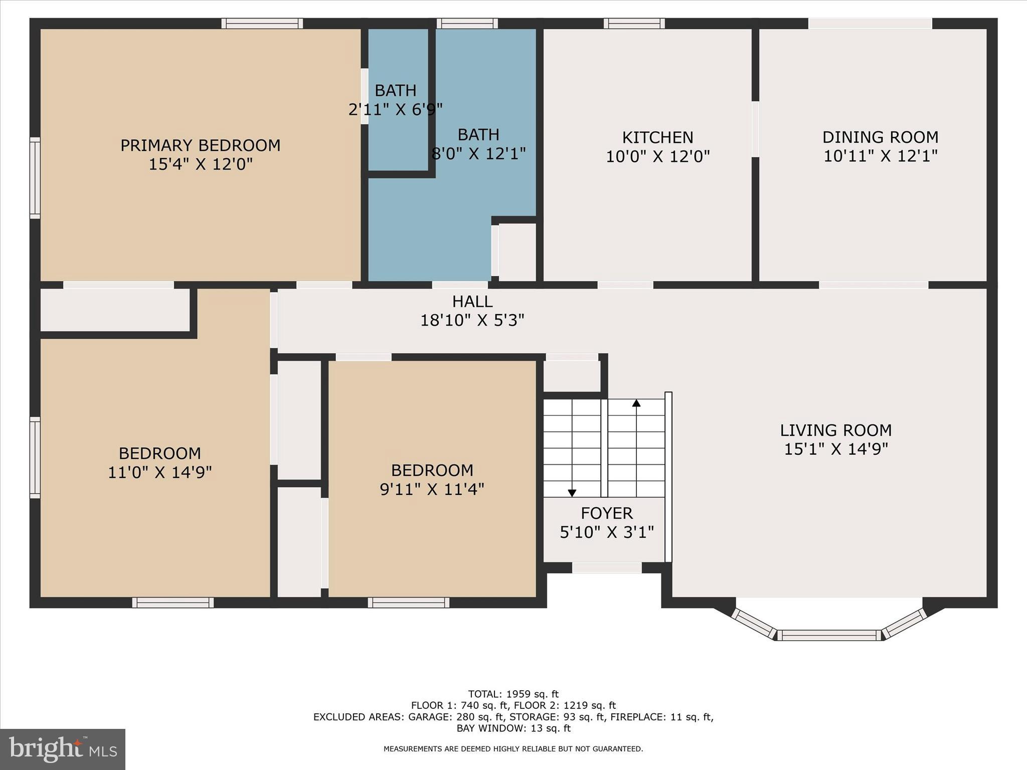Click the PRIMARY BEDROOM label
click(x=200, y=145)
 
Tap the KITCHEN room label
click(x=657, y=137)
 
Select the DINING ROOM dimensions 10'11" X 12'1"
click(x=880, y=156)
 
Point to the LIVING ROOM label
click(x=835, y=430)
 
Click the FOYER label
click(x=607, y=513)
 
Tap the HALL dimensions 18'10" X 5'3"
click(x=472, y=320)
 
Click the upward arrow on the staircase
click(x=636, y=403)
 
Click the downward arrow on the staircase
click(x=572, y=493)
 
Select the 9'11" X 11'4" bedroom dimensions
click(x=432, y=489)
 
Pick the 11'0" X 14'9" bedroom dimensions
click(x=160, y=472)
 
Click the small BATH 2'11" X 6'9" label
click(x=395, y=91)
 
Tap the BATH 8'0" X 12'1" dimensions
click(x=478, y=154)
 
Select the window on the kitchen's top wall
click(x=634, y=24)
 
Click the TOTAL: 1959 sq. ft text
click(x=513, y=694)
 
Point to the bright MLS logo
click(x=63, y=749)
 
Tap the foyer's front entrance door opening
click(x=607, y=568)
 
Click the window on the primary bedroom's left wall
click(x=35, y=178)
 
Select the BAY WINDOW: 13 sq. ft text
click(x=513, y=728)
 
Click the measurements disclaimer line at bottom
click(x=513, y=749)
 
